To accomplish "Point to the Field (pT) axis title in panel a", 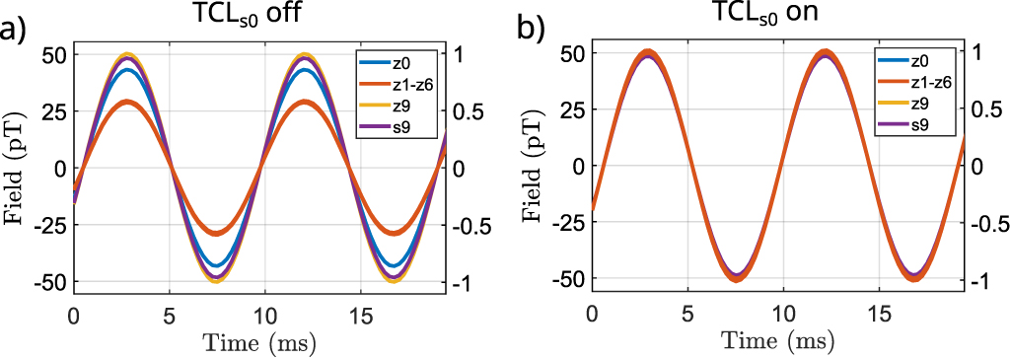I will pyautogui.click(x=19, y=167).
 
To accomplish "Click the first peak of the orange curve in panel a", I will pyautogui.click(x=126, y=102).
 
